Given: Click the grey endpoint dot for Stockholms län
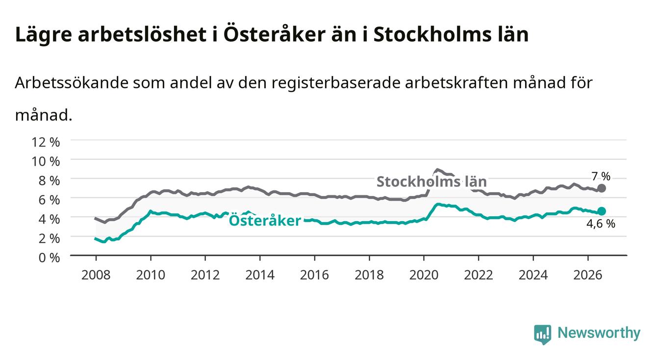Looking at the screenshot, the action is pyautogui.click(x=602, y=188).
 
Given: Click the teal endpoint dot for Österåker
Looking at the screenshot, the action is pyautogui.click(x=602, y=211).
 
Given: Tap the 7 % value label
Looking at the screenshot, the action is pyautogui.click(x=601, y=177).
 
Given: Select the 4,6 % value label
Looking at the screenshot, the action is pyautogui.click(x=601, y=224).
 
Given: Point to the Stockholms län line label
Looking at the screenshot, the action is pyautogui.click(x=431, y=181).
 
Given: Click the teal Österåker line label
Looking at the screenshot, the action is pyautogui.click(x=265, y=220).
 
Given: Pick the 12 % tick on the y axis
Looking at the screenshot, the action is pyautogui.click(x=46, y=142).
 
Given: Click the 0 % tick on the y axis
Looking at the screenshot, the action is pyautogui.click(x=49, y=257).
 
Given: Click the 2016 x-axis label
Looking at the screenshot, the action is pyautogui.click(x=314, y=275).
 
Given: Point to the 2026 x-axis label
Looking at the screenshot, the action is pyautogui.click(x=588, y=275).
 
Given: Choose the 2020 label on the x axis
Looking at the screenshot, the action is pyautogui.click(x=424, y=275).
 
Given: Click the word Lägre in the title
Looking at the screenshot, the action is pyautogui.click(x=44, y=35).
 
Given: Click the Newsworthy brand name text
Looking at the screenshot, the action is pyautogui.click(x=599, y=333).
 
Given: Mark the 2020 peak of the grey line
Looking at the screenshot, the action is pyautogui.click(x=437, y=170).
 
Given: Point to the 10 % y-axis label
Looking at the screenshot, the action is pyautogui.click(x=46, y=161).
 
